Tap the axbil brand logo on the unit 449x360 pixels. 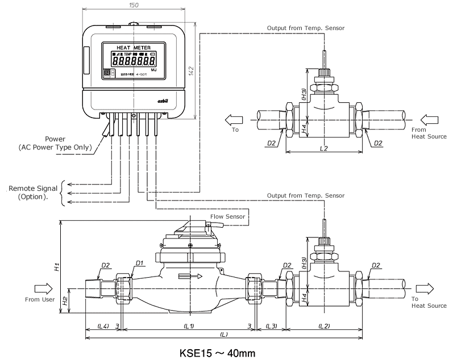click(x=165, y=101)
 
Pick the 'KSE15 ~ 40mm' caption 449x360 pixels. click(x=218, y=352)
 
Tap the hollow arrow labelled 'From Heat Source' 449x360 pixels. click(x=430, y=121)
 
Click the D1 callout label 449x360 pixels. click(x=140, y=264)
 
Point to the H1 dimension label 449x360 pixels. click(x=56, y=266)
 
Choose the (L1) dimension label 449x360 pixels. click(x=189, y=326)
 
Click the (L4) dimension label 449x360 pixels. click(x=103, y=326)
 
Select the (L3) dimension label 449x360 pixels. click(x=271, y=326)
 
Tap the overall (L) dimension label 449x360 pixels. click(x=224, y=335)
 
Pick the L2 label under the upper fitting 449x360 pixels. click(x=325, y=148)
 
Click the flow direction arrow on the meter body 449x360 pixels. click(x=190, y=277)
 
